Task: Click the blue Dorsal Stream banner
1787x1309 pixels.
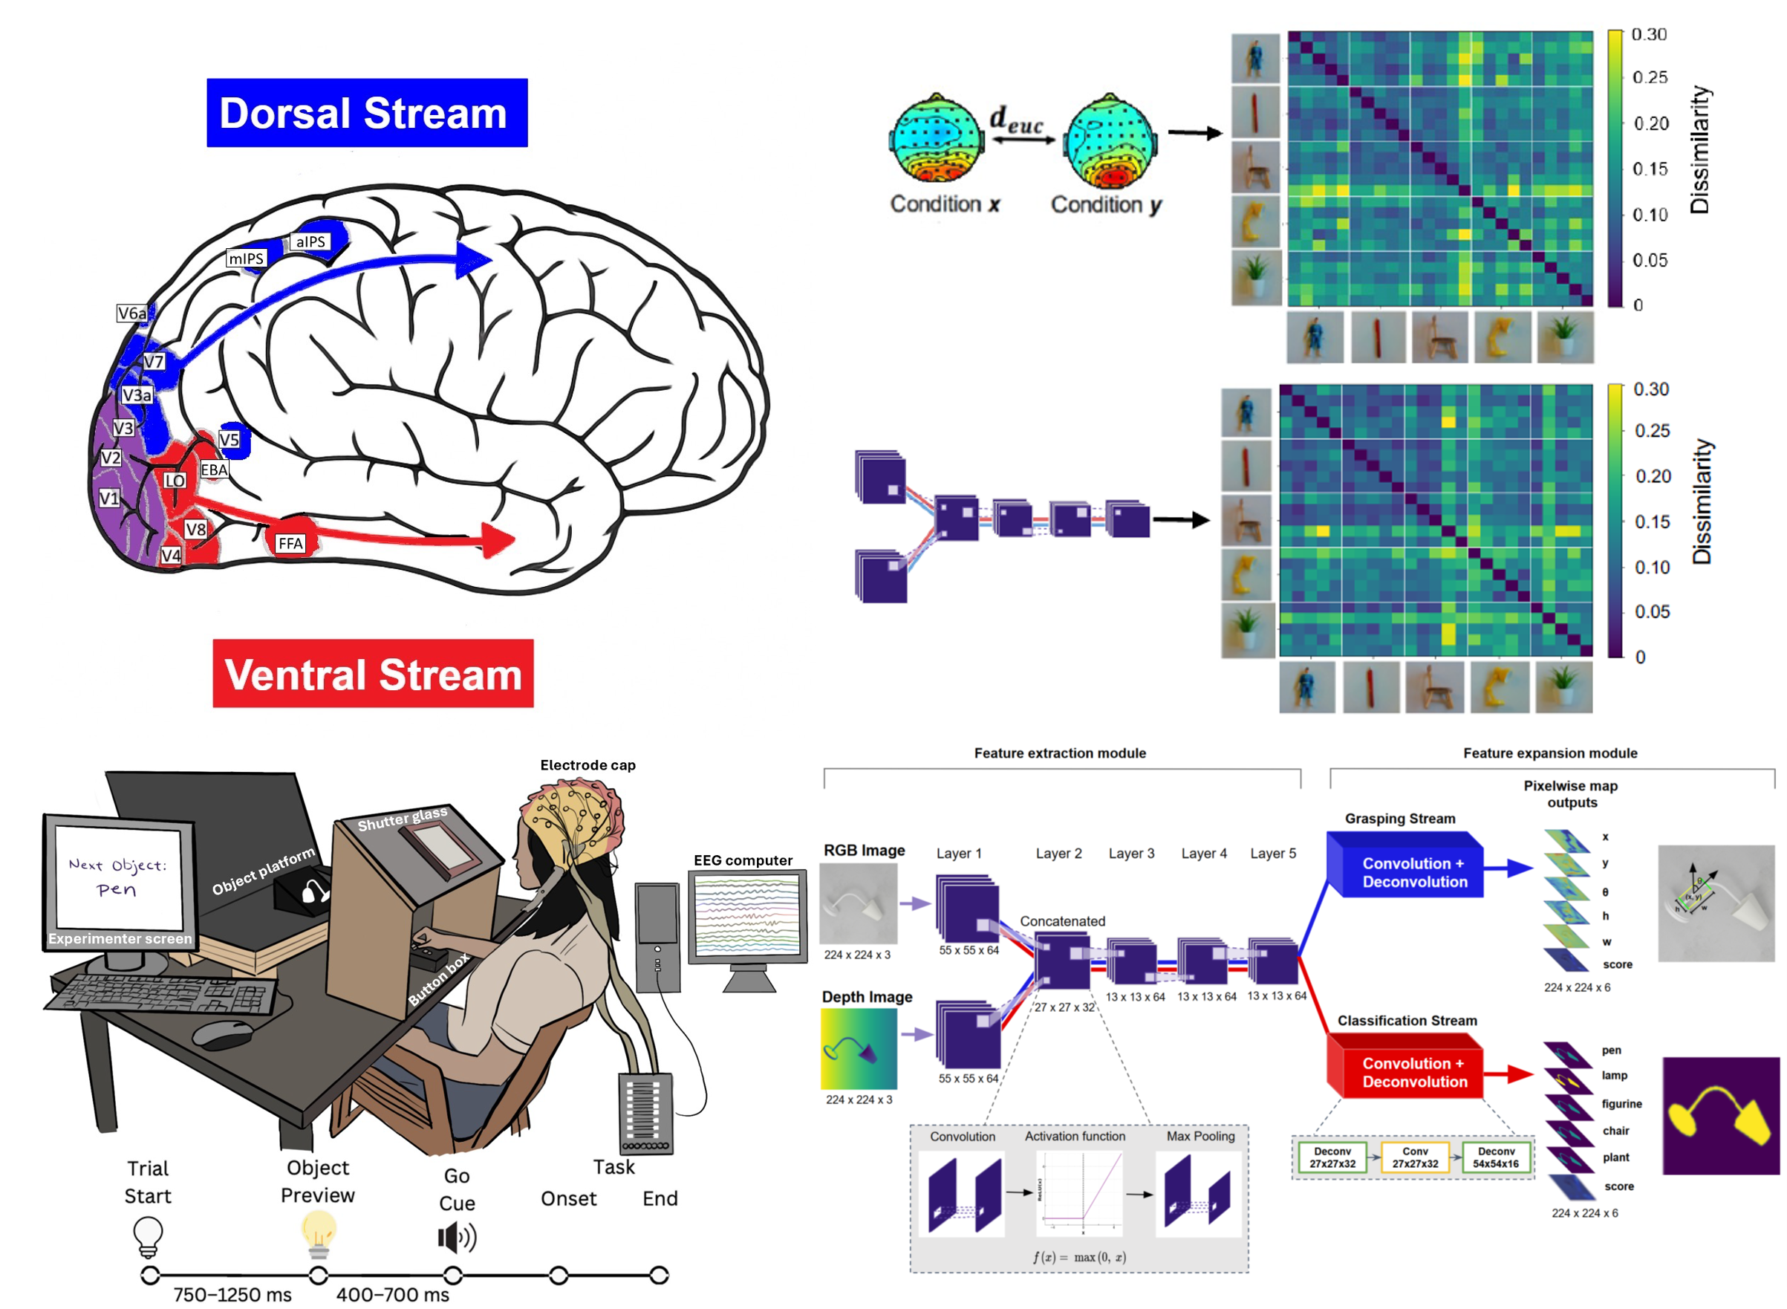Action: tap(367, 112)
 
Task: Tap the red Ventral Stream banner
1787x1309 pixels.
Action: tap(373, 674)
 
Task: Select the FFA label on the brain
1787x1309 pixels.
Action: tap(290, 544)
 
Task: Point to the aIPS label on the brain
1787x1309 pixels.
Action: tap(310, 241)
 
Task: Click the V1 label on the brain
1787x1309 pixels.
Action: tap(109, 498)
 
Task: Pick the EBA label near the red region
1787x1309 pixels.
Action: tap(214, 470)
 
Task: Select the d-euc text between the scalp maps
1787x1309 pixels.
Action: tap(1016, 120)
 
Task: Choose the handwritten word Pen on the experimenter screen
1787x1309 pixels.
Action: tap(117, 890)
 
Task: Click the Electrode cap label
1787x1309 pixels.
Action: tap(587, 765)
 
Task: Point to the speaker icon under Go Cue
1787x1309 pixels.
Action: tap(457, 1238)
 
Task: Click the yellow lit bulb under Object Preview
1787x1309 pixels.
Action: tap(319, 1235)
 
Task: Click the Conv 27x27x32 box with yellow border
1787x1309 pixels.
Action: tap(1415, 1157)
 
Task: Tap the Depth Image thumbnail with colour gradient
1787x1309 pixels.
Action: tap(859, 1048)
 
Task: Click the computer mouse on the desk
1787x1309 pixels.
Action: tap(223, 1033)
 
